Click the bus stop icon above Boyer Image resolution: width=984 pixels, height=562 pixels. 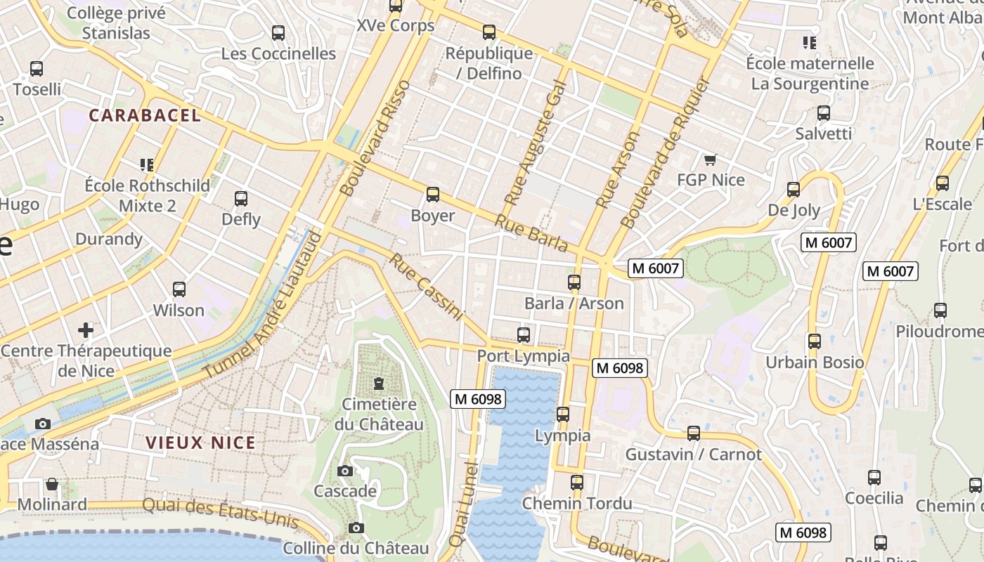click(432, 195)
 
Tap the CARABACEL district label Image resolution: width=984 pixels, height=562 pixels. click(145, 116)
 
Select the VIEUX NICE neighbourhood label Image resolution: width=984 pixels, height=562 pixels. click(201, 443)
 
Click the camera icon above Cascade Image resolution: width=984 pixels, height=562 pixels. click(344, 471)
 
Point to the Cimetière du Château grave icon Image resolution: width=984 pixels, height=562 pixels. click(380, 384)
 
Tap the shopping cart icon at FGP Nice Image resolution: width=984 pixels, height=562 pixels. click(710, 159)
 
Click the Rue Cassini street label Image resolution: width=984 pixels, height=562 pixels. click(427, 287)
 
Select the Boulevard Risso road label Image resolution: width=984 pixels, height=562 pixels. click(375, 138)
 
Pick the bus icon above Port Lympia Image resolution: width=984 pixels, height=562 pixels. click(523, 335)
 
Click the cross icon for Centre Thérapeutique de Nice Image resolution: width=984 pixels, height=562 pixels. click(86, 329)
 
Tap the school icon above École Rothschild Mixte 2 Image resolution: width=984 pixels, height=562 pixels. click(147, 165)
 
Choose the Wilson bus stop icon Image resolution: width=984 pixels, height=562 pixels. click(179, 289)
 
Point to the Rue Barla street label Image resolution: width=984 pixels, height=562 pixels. click(531, 233)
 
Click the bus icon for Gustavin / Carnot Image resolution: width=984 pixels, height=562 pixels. click(693, 433)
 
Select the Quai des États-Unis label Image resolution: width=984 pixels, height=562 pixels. click(221, 514)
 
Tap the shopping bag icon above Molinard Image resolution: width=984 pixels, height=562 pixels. click(52, 484)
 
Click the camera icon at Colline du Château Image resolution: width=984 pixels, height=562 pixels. click(356, 528)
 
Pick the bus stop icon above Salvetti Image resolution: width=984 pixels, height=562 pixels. click(823, 112)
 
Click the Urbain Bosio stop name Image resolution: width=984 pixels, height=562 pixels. click(815, 362)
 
